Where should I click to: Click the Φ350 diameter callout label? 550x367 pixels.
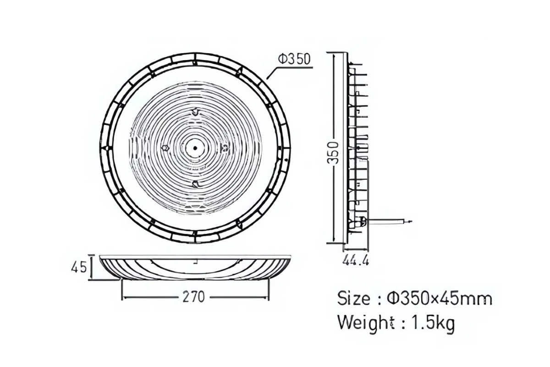(294, 59)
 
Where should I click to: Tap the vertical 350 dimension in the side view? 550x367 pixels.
(333, 153)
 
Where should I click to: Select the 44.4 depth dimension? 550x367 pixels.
(356, 260)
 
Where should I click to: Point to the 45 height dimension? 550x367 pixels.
(79, 267)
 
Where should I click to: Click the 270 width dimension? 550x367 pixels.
(193, 297)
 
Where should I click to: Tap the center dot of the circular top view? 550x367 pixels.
(195, 148)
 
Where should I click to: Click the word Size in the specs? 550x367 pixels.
(353, 299)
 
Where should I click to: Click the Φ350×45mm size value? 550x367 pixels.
(440, 299)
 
